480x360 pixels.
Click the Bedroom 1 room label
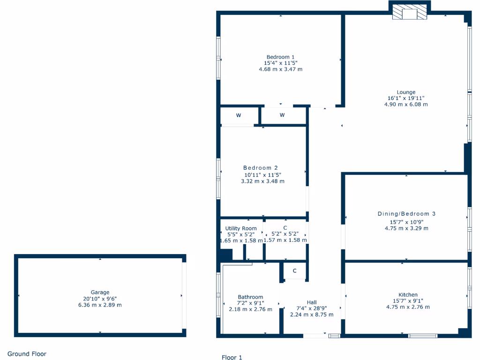click(280, 57)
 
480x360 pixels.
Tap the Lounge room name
click(406, 92)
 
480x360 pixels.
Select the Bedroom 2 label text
click(261, 168)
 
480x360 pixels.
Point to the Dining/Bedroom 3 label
click(406, 214)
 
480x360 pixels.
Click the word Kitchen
click(408, 295)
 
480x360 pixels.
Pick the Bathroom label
click(250, 297)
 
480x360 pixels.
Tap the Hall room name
click(312, 302)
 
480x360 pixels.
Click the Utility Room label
click(241, 229)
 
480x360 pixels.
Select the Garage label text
click(100, 292)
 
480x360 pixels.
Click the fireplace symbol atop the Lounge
click(409, 13)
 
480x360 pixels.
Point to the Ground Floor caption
click(27, 354)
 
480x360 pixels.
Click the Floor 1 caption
click(232, 357)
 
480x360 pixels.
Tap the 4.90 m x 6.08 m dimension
click(406, 105)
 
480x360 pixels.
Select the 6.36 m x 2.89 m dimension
click(100, 305)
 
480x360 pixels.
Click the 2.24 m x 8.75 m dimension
click(312, 315)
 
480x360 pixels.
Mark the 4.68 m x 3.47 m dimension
click(280, 69)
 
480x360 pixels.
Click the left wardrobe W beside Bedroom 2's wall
click(239, 115)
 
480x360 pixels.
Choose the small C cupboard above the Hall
click(295, 271)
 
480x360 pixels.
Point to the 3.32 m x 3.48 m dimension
click(262, 181)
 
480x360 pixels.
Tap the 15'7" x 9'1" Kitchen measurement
click(408, 301)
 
